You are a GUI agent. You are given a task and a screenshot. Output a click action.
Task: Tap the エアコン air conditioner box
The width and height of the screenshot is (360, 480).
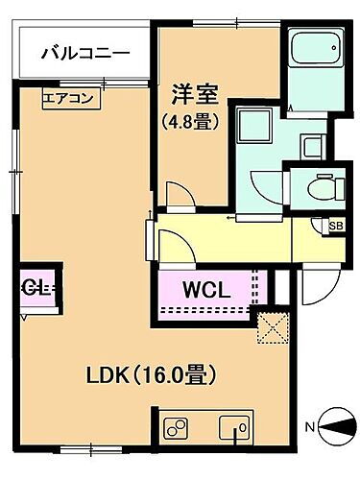[x=68, y=97]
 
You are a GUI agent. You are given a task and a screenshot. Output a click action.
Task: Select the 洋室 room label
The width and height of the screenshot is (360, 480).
[x=196, y=95]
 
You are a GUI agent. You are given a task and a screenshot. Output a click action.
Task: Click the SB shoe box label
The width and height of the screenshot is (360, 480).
[x=335, y=227]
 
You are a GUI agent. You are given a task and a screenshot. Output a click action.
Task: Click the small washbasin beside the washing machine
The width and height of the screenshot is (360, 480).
[x=314, y=146]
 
